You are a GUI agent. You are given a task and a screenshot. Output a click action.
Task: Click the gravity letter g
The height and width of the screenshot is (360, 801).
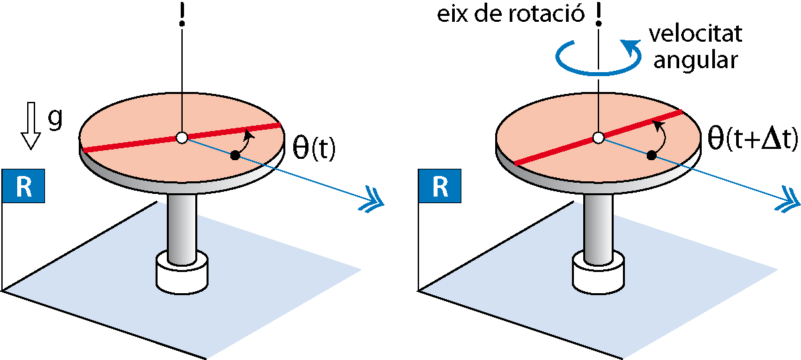pyautogui.click(x=55, y=119)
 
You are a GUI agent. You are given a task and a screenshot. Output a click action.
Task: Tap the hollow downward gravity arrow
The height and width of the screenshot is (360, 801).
pyautogui.click(x=30, y=126)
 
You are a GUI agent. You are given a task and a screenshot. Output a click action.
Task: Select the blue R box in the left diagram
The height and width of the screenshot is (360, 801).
pyautogui.click(x=23, y=186)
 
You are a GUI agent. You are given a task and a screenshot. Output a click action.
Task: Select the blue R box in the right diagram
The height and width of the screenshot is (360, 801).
pyautogui.click(x=440, y=186)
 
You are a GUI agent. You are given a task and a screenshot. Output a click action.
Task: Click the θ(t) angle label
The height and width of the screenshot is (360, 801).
pyautogui.click(x=314, y=148)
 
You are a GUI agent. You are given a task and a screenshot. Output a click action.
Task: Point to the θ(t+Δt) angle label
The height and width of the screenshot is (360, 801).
pyautogui.click(x=753, y=139)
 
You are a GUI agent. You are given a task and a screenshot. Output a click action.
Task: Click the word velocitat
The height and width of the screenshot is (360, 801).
pyautogui.click(x=696, y=34)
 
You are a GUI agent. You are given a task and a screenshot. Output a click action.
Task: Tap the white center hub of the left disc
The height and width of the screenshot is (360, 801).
pyautogui.click(x=182, y=138)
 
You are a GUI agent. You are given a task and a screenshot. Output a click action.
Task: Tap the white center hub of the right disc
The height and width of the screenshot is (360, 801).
pyautogui.click(x=598, y=138)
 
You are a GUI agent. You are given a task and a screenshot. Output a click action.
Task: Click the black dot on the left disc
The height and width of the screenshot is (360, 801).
pyautogui.click(x=235, y=156)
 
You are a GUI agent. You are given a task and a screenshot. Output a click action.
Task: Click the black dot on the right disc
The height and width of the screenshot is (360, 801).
pyautogui.click(x=651, y=156)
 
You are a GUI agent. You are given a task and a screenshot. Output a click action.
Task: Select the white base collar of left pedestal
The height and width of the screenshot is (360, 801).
pyautogui.click(x=182, y=273)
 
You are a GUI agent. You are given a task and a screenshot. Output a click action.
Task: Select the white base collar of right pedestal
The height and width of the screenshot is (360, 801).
pyautogui.click(x=598, y=273)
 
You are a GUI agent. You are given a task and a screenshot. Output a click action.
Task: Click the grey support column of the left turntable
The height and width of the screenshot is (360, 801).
pyautogui.click(x=182, y=229)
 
